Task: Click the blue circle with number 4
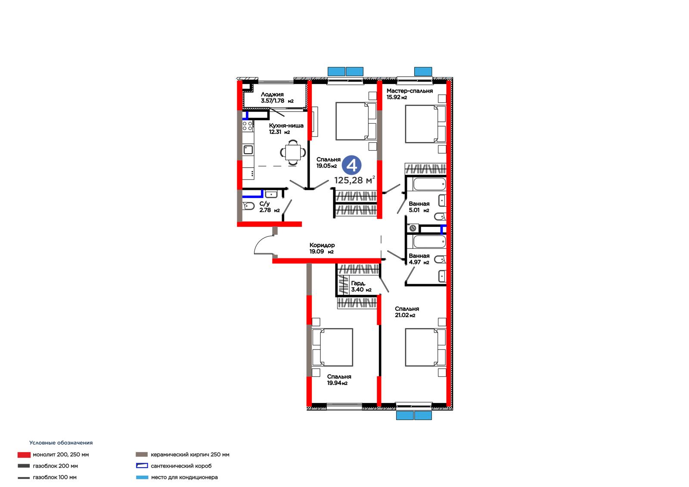351,165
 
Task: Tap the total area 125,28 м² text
354,180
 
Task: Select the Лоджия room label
272,94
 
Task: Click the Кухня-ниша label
286,126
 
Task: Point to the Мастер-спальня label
410,91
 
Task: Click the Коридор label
322,245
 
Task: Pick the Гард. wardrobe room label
358,283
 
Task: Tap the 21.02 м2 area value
405,315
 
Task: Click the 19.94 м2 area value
337,383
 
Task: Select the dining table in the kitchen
293,152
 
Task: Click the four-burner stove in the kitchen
248,126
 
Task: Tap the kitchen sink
248,150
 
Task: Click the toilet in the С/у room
248,206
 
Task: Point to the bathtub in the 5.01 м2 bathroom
429,184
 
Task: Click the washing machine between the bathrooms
413,228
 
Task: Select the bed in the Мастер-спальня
425,124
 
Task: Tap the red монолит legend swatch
24,455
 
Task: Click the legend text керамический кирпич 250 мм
190,454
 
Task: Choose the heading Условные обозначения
61,443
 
